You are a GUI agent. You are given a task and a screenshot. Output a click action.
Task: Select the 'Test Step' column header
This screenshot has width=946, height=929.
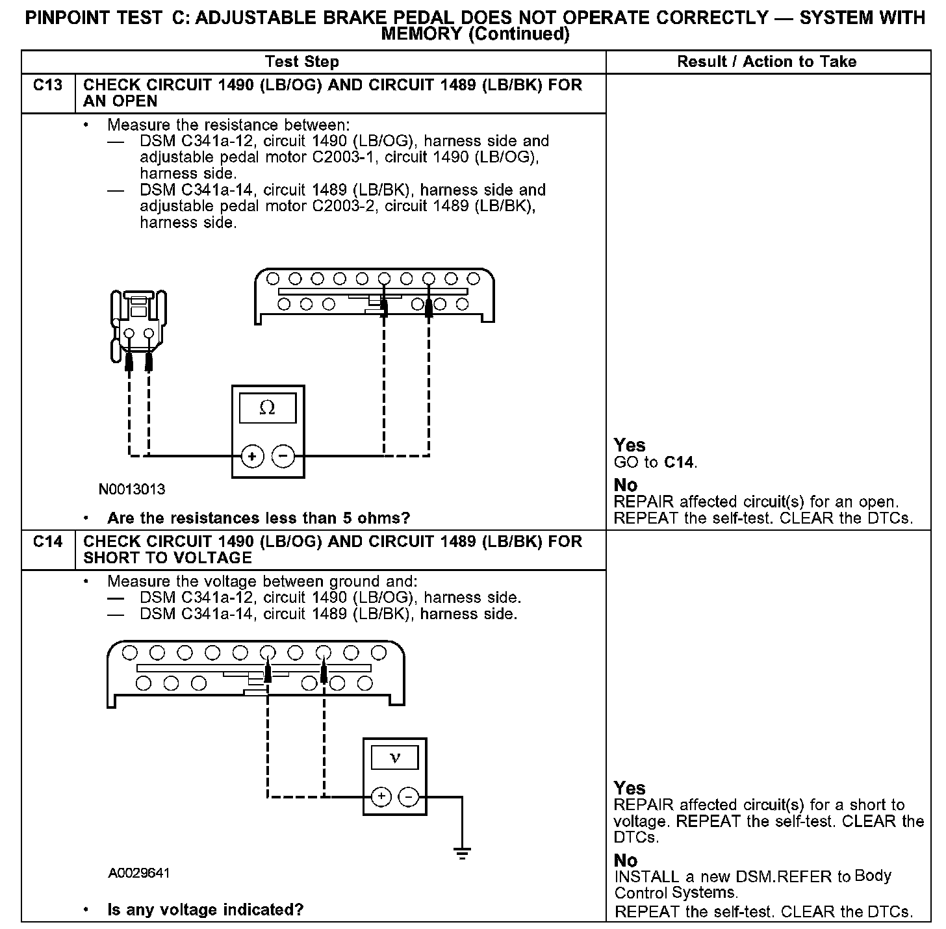pyautogui.click(x=302, y=62)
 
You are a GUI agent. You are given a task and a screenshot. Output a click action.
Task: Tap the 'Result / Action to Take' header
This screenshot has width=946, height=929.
pyautogui.click(x=767, y=62)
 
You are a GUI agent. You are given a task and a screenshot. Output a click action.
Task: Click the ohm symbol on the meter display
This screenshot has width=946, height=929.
pyautogui.click(x=267, y=408)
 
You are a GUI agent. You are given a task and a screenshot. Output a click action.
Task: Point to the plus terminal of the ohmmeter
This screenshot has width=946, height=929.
pyautogui.click(x=252, y=456)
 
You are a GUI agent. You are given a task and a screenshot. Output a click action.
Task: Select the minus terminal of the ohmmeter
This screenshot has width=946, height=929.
pyautogui.click(x=283, y=456)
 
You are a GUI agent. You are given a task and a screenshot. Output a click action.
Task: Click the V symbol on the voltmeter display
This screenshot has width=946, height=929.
pyautogui.click(x=394, y=757)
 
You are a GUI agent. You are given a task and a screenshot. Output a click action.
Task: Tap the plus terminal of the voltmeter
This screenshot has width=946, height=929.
pyautogui.click(x=381, y=796)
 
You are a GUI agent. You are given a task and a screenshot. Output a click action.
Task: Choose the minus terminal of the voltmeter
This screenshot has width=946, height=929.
pyautogui.click(x=409, y=796)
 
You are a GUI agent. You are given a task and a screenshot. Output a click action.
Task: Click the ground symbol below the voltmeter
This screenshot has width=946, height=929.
pyautogui.click(x=462, y=854)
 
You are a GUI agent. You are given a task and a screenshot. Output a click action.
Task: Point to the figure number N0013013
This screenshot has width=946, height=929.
pyautogui.click(x=132, y=489)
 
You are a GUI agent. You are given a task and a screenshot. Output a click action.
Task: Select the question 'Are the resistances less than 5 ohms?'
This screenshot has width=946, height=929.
pyautogui.click(x=259, y=518)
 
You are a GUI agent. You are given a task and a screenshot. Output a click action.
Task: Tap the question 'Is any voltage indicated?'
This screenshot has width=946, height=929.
pyautogui.click(x=205, y=910)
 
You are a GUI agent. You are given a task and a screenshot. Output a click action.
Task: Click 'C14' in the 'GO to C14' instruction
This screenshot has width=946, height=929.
pyautogui.click(x=679, y=463)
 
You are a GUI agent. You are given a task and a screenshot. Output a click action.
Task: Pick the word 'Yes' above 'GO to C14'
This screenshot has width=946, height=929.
pyautogui.click(x=630, y=446)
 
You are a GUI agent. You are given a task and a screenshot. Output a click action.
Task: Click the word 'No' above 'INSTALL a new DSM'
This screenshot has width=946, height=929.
pyautogui.click(x=626, y=860)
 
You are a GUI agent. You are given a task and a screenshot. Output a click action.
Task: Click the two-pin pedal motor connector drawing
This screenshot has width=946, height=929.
pyautogui.click(x=139, y=325)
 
